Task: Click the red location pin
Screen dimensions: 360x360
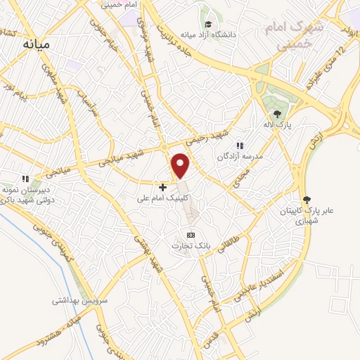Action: tap(181, 166)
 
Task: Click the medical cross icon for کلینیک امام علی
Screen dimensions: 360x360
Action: tap(162, 187)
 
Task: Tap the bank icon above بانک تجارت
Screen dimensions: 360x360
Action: tap(190, 235)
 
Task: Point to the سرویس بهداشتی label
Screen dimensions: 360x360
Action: tap(79, 300)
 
